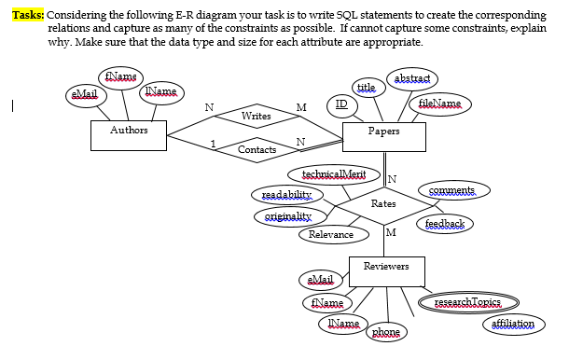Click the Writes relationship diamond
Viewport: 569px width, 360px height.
[256, 117]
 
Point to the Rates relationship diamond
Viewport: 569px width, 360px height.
[383, 203]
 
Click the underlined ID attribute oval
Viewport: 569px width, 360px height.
[341, 105]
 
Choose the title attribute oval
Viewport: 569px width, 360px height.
[367, 87]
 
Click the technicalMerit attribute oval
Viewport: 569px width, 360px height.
[334, 174]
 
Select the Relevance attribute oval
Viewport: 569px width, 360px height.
[331, 234]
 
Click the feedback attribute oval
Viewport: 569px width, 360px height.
[445, 224]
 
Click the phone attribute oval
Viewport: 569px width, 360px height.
[385, 332]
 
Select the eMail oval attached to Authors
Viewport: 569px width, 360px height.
[83, 94]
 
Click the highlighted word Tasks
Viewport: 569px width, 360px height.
[28, 16]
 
